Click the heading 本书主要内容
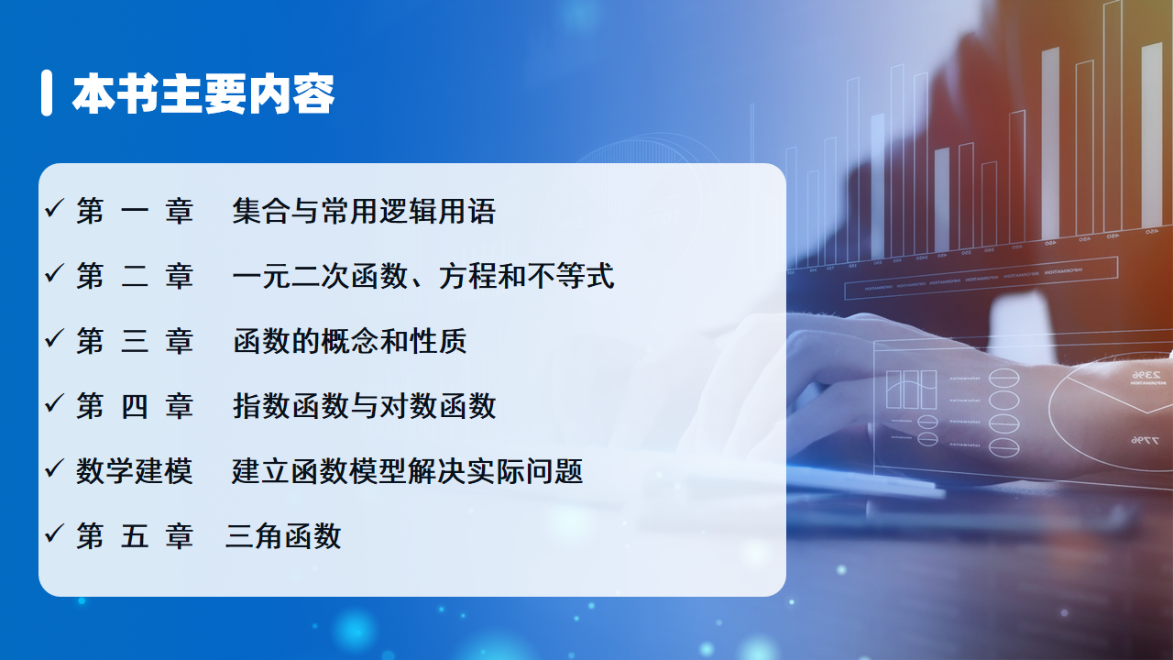[x=203, y=93]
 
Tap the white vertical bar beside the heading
[x=47, y=93]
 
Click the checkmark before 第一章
[x=54, y=208]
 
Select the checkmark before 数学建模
[x=54, y=467]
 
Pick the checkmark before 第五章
[x=54, y=533]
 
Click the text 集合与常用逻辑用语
[x=364, y=211]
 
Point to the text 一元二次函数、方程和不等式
[x=423, y=276]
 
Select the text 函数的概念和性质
[x=350, y=341]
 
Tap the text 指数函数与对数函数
[x=365, y=406]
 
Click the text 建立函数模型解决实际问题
[x=408, y=471]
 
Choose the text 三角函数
[x=283, y=536]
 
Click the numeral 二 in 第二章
[x=135, y=277]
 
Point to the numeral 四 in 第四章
[x=135, y=406]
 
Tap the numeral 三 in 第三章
[x=135, y=342]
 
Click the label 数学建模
[x=134, y=471]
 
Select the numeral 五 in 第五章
[x=135, y=536]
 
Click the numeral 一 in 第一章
[x=135, y=212]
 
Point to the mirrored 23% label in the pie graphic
[x=1146, y=375]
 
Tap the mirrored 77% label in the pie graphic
[x=1145, y=441]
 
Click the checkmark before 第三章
[x=54, y=338]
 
